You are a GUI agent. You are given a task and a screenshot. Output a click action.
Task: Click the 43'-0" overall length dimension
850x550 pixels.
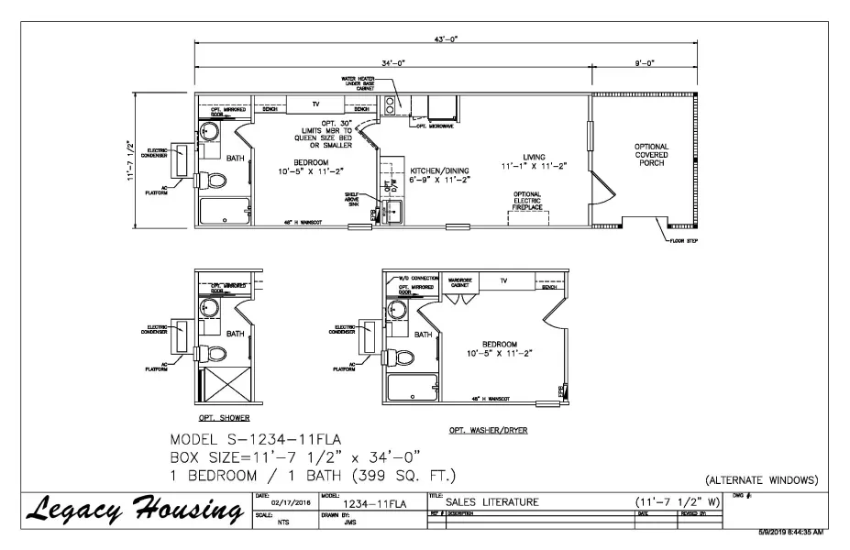(447, 39)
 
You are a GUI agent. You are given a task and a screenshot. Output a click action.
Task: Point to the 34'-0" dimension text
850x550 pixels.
(393, 63)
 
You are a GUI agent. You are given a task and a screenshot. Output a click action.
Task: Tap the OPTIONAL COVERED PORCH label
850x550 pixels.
(651, 157)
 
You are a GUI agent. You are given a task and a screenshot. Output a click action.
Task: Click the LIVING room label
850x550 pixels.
(535, 161)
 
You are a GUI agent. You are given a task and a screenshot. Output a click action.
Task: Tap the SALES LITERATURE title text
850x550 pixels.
(492, 500)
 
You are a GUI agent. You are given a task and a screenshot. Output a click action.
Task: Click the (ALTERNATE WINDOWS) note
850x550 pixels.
(761, 480)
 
